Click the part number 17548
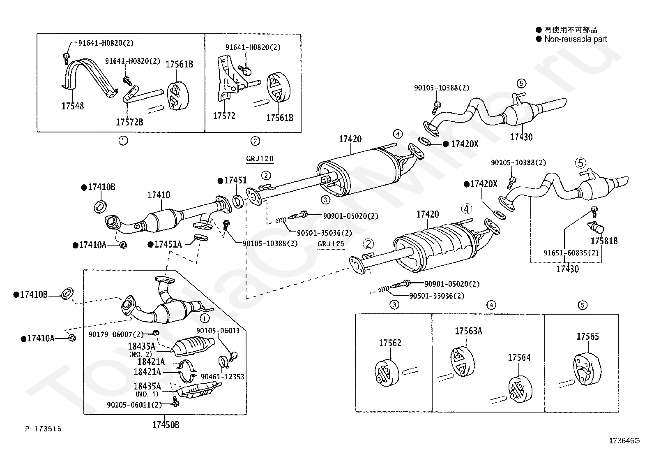coord(72,106)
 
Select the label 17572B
coord(129,122)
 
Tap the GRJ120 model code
coord(260,159)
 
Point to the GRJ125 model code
coord(331,244)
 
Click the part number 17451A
coord(168,244)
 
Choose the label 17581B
coord(604,241)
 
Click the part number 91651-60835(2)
coord(571,253)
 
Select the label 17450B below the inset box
coord(166,425)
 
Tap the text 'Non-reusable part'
coord(576,39)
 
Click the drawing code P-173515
coord(43,429)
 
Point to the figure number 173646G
coord(624,440)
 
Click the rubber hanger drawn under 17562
coord(387,373)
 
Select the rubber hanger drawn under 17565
coord(587,369)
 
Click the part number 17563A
coord(468,331)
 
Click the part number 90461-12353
coord(223,377)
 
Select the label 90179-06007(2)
coord(116,334)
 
